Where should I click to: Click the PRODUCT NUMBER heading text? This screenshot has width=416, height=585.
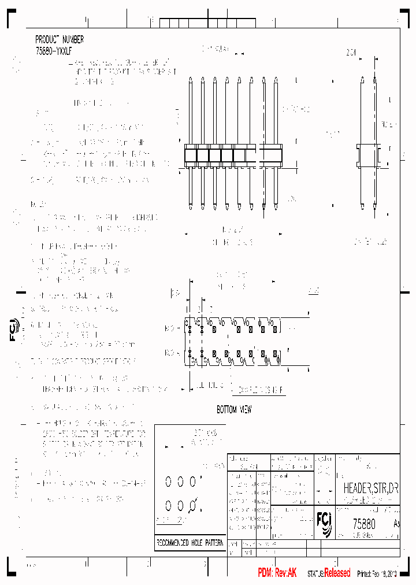click(x=60, y=39)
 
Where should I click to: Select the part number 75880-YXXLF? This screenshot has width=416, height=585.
click(x=54, y=51)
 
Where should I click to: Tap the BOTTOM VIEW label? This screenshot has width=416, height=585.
click(x=234, y=410)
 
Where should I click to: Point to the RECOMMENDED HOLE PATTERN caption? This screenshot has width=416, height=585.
click(x=190, y=543)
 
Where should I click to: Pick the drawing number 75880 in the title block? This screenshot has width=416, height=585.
click(x=364, y=524)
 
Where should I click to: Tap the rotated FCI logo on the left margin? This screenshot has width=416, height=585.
click(x=14, y=329)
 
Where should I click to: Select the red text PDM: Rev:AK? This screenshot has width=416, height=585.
click(x=277, y=572)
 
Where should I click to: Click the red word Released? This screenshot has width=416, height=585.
click(x=337, y=573)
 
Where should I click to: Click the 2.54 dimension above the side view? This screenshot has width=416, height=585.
click(x=351, y=53)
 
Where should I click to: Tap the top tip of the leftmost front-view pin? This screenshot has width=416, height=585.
click(x=191, y=79)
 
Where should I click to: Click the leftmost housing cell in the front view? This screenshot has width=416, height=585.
click(x=190, y=155)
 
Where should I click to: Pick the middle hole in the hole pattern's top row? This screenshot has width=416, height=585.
click(x=180, y=481)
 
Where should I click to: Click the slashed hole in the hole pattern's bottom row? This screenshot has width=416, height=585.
click(x=193, y=507)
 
